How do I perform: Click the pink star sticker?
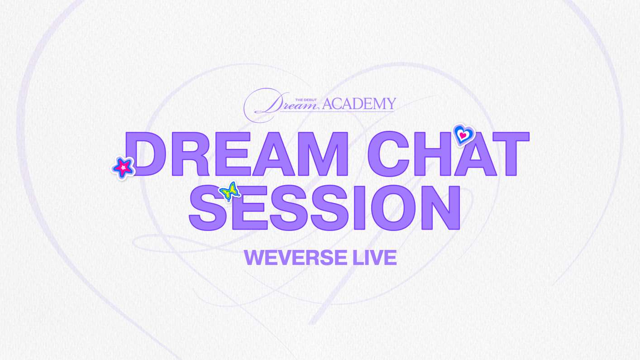click(123, 168)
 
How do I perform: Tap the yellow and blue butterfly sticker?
click(229, 191)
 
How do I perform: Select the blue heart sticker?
click(463, 134)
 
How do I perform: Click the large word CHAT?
click(448, 154)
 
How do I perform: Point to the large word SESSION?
click(325, 207)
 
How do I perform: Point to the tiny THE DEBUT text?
click(305, 99)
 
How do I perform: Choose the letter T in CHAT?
click(511, 154)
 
